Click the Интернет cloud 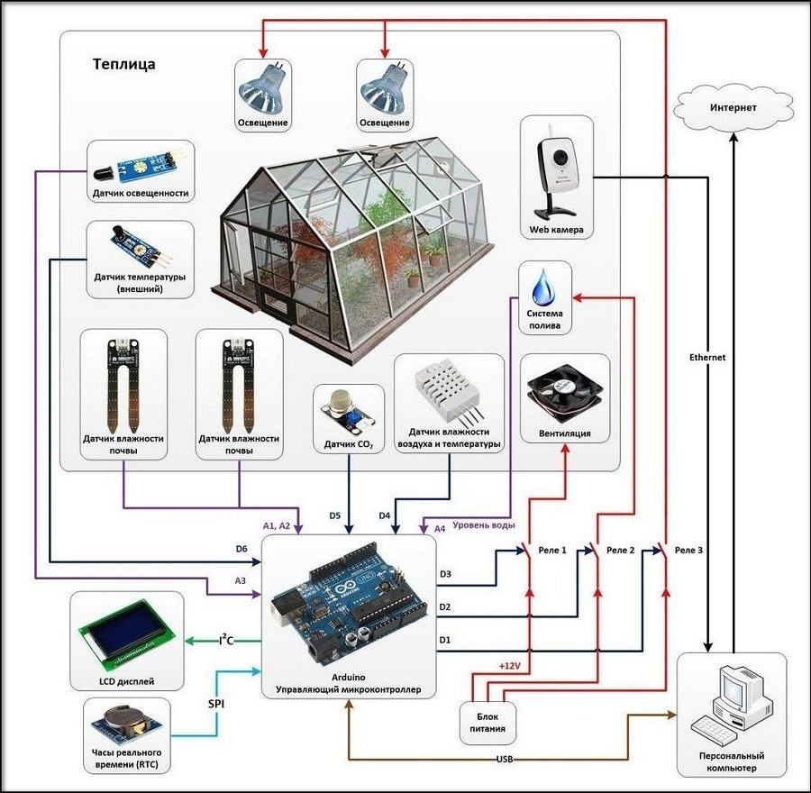733,108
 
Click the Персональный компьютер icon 732,700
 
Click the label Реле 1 551,550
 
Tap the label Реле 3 688,550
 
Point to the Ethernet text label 706,358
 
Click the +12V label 511,666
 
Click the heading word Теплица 123,65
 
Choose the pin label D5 334,515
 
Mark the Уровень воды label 484,524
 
